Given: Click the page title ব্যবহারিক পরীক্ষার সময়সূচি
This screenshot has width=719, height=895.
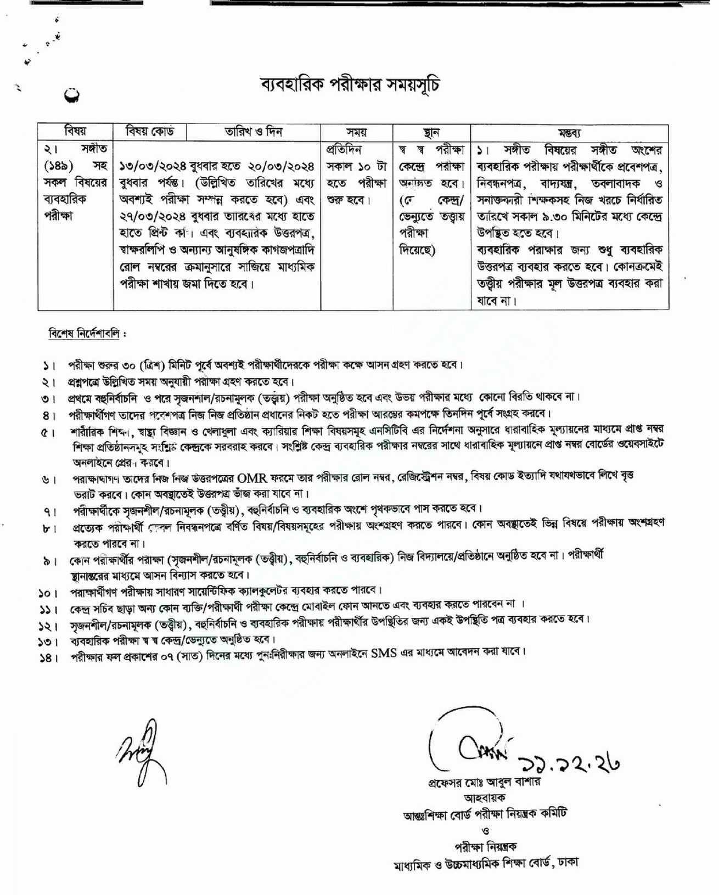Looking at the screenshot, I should (x=350, y=86).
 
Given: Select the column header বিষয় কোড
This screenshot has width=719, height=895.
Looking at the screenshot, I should (x=150, y=132).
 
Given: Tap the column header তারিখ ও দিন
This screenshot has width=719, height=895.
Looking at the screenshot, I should (x=254, y=132).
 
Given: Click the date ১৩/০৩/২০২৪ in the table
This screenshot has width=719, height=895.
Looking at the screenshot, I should (x=148, y=166).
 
